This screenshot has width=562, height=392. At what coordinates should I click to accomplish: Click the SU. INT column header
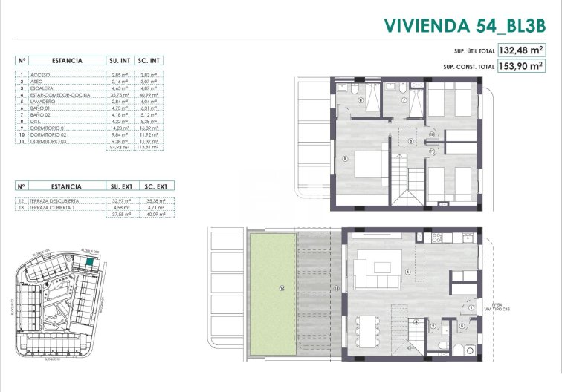[x=119, y=61]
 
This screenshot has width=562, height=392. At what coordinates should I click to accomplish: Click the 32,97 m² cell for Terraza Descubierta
[x=120, y=201]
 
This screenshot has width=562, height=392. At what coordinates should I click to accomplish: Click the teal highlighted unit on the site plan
[x=89, y=261]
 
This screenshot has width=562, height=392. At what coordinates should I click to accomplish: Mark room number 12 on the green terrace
[x=282, y=287]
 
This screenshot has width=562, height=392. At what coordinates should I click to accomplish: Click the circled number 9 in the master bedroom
[x=344, y=158]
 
